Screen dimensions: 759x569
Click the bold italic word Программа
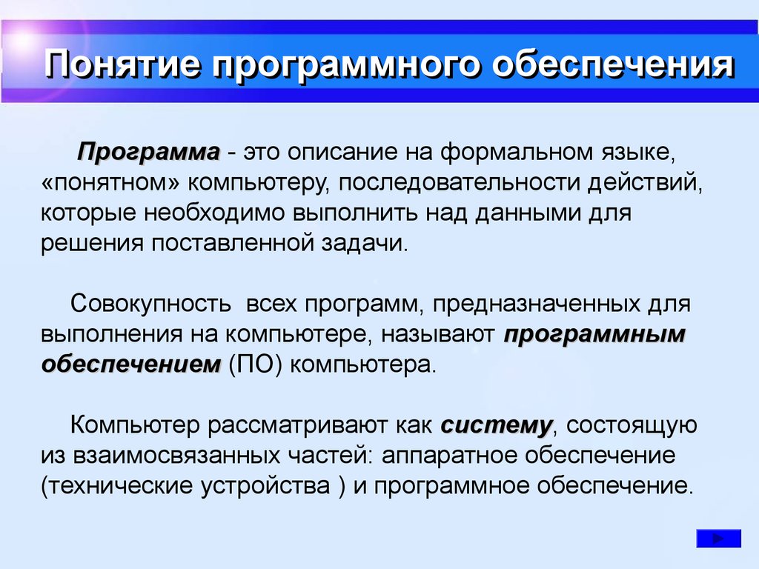[148, 153]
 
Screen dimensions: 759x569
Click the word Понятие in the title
[122, 65]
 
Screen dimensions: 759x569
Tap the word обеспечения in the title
[613, 65]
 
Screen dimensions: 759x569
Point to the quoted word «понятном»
[110, 183]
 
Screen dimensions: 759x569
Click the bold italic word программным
[594, 335]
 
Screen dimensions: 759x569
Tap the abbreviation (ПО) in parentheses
[255, 365]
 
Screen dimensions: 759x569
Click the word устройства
[266, 486]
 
